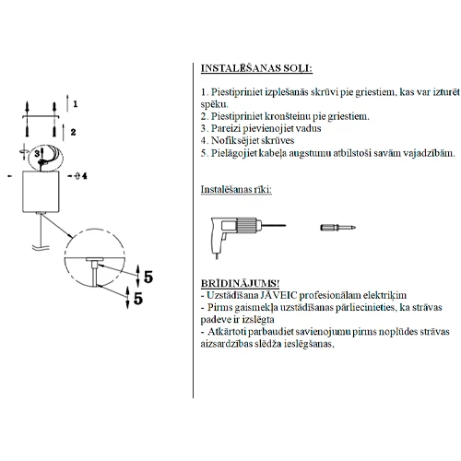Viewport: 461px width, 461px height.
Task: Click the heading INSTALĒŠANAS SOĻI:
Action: click(256, 68)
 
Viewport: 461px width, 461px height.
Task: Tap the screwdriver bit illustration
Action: click(337, 228)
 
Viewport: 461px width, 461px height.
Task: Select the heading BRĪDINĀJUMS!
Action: click(240, 283)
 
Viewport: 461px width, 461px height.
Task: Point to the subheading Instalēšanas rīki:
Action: click(236, 189)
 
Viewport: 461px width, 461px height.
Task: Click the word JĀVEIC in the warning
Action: click(278, 295)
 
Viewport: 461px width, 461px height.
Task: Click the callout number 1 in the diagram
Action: click(76, 104)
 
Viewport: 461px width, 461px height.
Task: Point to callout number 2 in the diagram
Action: click(73, 132)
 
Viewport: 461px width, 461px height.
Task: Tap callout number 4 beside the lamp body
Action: click(85, 176)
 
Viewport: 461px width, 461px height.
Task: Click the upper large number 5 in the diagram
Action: click(148, 277)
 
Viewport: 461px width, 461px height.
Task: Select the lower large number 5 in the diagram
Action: click(138, 298)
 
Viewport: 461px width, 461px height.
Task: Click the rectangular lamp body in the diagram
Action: click(41, 192)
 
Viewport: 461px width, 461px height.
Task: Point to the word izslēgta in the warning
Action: click(258, 320)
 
